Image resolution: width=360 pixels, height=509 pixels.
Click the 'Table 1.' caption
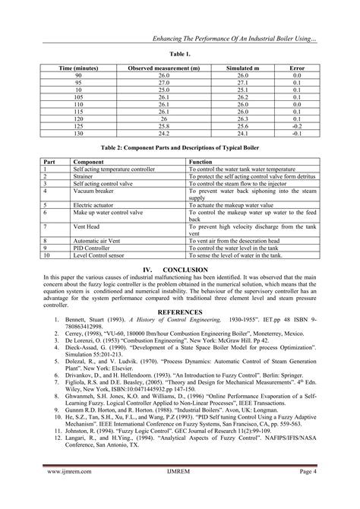coord(180,55)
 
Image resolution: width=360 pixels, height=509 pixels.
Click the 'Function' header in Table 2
coord(201,162)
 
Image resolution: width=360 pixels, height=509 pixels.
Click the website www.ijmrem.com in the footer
coord(63,492)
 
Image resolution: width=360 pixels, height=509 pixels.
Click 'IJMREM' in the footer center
coord(181,492)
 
